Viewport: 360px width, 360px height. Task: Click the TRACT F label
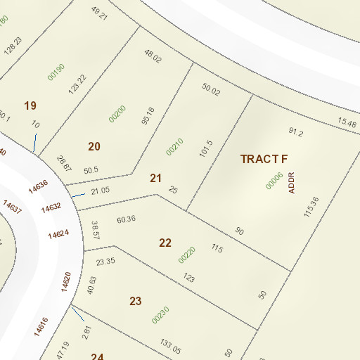[x=264, y=158]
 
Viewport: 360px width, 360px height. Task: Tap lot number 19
[x=30, y=105]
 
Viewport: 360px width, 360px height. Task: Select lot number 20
[x=94, y=146]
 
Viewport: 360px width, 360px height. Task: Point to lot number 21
[x=156, y=179]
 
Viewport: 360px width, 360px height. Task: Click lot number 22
[x=165, y=243]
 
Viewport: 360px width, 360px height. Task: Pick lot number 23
[x=136, y=301]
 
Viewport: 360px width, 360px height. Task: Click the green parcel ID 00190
[x=56, y=72]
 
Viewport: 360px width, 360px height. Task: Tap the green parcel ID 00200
[x=117, y=113]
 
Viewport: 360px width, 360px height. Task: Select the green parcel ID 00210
[x=174, y=146]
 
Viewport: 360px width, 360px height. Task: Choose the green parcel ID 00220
[x=187, y=255]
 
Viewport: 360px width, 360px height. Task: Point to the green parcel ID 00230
[x=161, y=314]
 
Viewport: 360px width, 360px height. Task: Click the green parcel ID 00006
[x=274, y=181]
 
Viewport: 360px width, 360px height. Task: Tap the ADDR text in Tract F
[x=292, y=182]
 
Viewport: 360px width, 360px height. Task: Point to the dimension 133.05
[x=170, y=346]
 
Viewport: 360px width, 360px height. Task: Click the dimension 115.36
[x=311, y=207]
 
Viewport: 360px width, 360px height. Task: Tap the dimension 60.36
[x=126, y=220]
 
